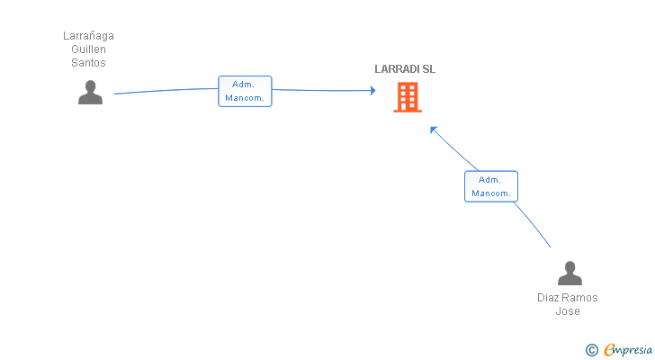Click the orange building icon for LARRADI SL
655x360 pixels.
click(x=408, y=97)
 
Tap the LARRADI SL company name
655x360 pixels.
click(x=405, y=69)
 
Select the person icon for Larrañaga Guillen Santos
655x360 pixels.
click(x=90, y=93)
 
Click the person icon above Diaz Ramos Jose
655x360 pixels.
click(x=570, y=273)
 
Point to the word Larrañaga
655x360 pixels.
click(x=88, y=36)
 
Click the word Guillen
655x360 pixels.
click(x=88, y=49)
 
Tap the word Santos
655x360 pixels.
click(x=88, y=63)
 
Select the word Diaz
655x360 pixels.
click(x=546, y=298)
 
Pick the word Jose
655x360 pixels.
click(x=568, y=311)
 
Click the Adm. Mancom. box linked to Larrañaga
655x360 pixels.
click(x=246, y=91)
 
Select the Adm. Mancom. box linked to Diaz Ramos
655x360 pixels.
click(x=491, y=186)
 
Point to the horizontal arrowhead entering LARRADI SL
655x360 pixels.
click(x=372, y=90)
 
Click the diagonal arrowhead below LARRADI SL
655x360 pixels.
click(x=433, y=130)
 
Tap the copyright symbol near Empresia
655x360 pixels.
click(x=591, y=350)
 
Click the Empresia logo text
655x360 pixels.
click(x=628, y=350)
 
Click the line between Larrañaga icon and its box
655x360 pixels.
click(x=166, y=90)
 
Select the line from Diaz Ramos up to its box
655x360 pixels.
click(x=533, y=224)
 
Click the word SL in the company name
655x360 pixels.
click(x=429, y=69)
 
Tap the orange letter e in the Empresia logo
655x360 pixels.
click(x=609, y=350)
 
